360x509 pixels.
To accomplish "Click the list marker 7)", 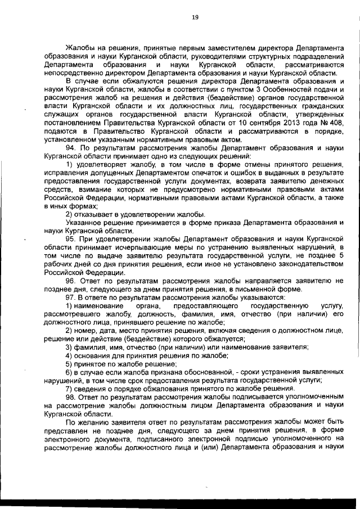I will pos(70,389).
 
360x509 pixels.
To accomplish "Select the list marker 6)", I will pos(70,372).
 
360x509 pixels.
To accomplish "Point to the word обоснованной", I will pos(200,372).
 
